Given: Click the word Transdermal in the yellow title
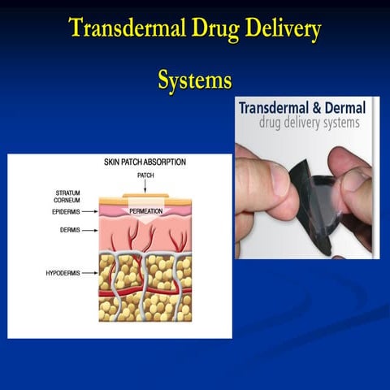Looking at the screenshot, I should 122,30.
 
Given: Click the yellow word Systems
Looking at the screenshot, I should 195,80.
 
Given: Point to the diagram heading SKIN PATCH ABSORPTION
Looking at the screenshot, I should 145,162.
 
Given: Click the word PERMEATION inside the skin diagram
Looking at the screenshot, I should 146,211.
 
